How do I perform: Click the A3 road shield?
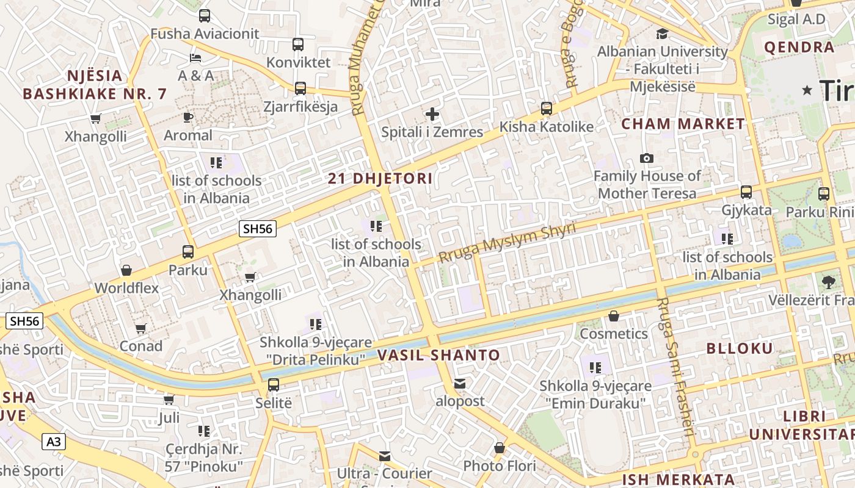tap(54, 442)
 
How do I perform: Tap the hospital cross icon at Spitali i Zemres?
tap(432, 114)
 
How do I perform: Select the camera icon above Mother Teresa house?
tap(647, 159)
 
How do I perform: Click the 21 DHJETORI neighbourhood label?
tap(380, 179)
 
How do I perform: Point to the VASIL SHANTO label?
tap(438, 355)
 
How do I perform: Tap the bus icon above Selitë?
tap(274, 385)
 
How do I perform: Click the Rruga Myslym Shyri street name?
tap(507, 243)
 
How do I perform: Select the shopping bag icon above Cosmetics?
tap(614, 316)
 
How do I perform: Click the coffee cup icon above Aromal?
tap(188, 117)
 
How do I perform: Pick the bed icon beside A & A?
tap(195, 58)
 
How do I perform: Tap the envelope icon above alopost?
tap(460, 384)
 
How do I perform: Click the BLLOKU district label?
tap(740, 349)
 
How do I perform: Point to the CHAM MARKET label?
tap(683, 124)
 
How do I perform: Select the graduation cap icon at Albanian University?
tap(662, 34)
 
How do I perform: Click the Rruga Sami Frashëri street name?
tap(674, 366)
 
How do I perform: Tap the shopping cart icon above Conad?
tap(141, 329)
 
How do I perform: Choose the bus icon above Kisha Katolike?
tap(547, 109)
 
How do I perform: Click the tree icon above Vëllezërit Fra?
tap(828, 282)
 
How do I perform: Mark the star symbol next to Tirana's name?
tap(807, 90)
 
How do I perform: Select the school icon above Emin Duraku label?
tap(595, 368)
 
